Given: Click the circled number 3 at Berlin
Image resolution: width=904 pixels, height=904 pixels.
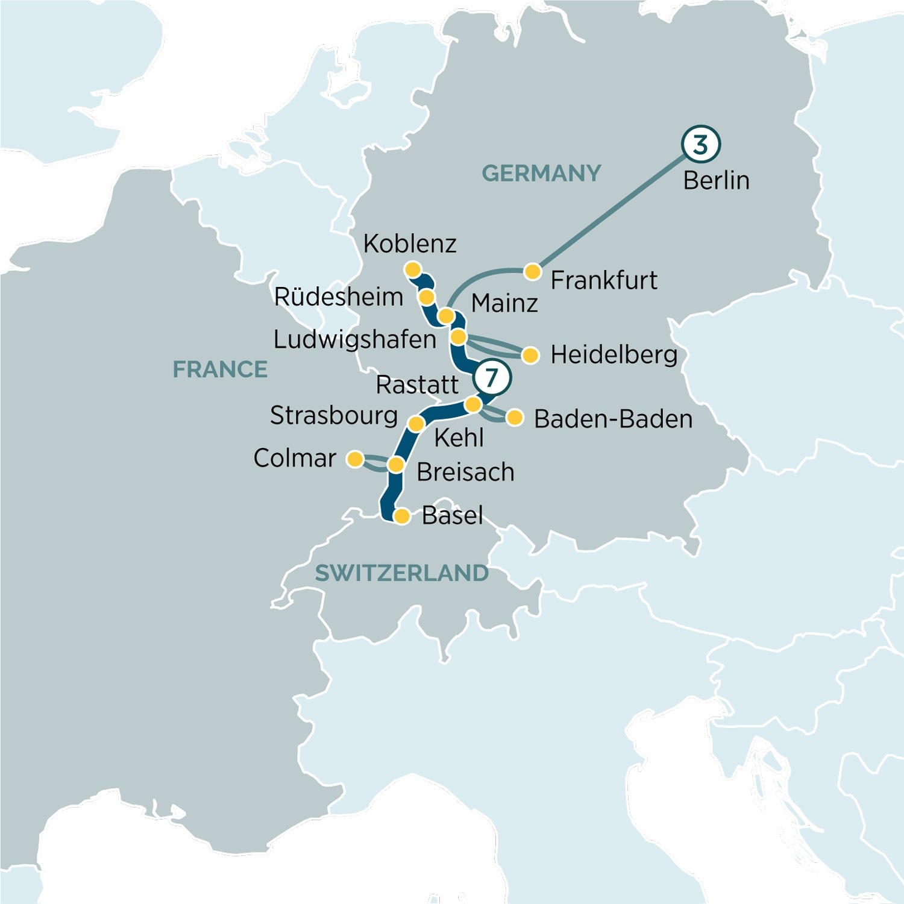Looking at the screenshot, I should point(700,144).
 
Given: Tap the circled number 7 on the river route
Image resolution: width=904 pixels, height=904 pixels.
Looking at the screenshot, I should point(492,377).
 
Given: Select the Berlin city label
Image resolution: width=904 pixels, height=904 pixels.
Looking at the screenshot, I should point(716,180).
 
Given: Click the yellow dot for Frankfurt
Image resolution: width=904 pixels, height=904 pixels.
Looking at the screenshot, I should point(532,272).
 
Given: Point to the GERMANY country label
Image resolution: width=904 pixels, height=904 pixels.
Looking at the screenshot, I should point(541,174).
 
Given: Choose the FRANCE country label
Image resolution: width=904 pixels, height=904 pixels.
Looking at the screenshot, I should point(220,369).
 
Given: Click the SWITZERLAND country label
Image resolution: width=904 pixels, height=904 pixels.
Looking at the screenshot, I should point(401,573).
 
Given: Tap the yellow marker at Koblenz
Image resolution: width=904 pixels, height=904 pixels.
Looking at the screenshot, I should point(413,269).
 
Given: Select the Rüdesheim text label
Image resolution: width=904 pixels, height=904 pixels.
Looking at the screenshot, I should point(338,297).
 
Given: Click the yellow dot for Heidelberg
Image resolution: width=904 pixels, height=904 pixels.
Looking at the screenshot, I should point(530,355).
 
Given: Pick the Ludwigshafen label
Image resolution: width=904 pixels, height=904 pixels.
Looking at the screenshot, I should point(354,339).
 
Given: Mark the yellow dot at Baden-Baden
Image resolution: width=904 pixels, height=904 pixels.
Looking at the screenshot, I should point(515,418).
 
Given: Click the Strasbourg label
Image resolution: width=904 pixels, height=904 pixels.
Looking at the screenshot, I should point(333,415).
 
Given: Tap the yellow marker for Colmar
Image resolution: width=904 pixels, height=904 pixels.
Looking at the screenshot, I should point(356,459).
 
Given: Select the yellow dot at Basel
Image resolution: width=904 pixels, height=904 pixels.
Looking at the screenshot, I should point(402,516).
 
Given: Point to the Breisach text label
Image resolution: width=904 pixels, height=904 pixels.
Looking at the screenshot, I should point(465,472).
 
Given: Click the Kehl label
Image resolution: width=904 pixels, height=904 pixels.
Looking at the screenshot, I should point(459,438).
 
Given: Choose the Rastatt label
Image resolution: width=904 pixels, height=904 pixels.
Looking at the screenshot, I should point(417,385).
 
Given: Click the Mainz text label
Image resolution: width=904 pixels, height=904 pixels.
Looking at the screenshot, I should point(504,303).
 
